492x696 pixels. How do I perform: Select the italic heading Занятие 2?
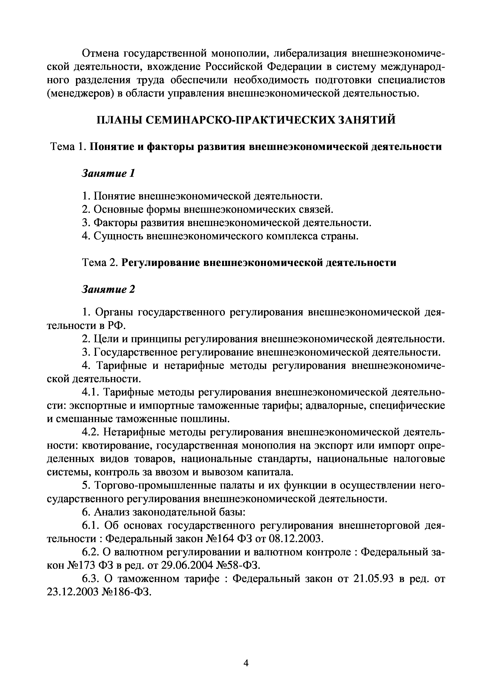click(108, 289)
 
